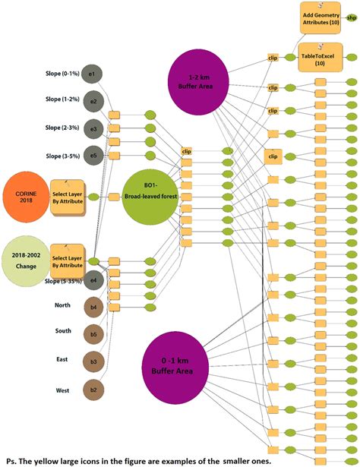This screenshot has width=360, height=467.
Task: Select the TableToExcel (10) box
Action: pos(317,58)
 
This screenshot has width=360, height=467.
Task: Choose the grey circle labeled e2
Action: pos(91,100)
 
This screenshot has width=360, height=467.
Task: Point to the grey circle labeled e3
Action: pos(91,128)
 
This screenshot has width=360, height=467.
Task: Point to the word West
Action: pos(63,390)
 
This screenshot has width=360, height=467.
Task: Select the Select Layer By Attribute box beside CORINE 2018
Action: pos(67,197)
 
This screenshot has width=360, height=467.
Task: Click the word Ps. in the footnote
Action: pos(11,460)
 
